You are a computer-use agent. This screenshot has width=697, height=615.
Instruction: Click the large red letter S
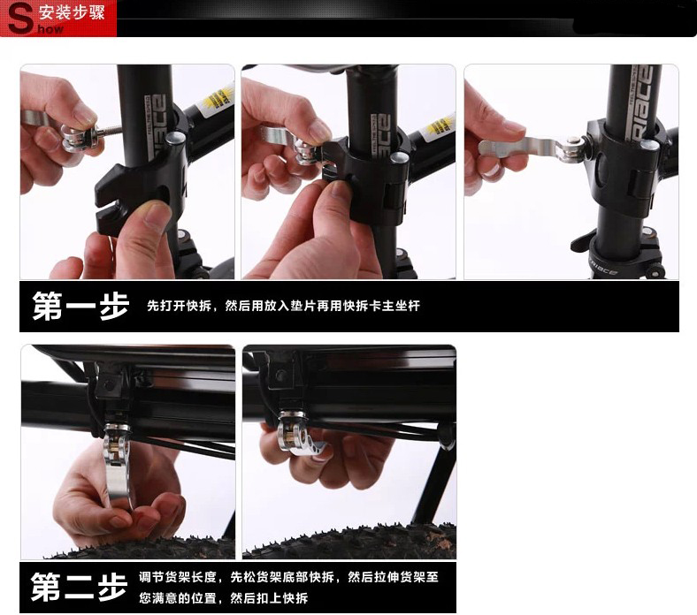point(20,19)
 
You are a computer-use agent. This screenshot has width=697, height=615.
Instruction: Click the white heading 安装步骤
point(72,12)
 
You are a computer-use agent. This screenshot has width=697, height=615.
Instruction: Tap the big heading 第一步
point(80,306)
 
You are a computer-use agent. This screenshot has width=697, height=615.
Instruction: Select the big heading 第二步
point(79,587)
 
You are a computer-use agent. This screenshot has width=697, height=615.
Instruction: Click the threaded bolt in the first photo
point(108,131)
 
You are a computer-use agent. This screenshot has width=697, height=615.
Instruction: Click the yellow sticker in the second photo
point(440,127)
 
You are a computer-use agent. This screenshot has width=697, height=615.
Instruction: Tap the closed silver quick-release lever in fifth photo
point(303,437)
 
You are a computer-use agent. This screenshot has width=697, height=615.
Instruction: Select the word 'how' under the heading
point(50,29)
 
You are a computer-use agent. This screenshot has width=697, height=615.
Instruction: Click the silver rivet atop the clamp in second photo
point(400,158)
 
